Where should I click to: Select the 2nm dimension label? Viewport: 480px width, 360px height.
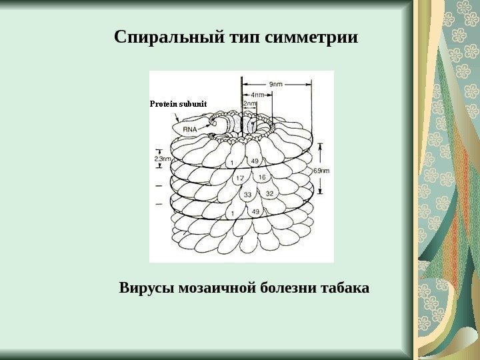251,104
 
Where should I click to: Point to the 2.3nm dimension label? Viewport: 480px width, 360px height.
163,159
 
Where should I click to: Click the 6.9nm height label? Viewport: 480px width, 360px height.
321,171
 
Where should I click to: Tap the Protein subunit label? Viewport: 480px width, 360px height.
179,104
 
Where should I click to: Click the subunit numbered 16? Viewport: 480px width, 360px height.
261,177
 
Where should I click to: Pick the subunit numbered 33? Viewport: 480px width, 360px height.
229,195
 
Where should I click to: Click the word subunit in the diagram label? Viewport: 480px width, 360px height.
193,104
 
